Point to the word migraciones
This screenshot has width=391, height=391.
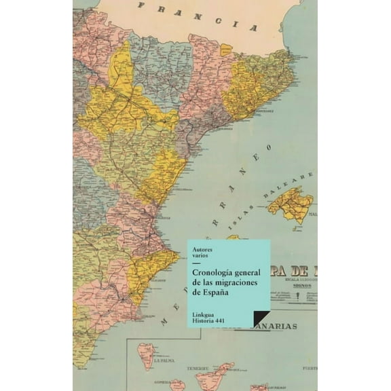238,282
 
